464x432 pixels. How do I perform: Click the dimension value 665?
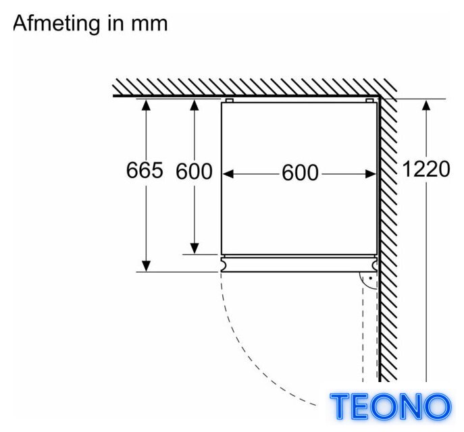(x=145, y=170)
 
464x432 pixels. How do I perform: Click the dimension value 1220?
(x=426, y=169)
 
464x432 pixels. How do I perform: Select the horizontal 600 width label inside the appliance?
(x=300, y=173)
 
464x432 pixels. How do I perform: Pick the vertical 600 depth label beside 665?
(x=194, y=171)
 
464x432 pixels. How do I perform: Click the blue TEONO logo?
(x=390, y=406)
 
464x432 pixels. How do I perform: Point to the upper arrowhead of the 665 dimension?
(x=146, y=105)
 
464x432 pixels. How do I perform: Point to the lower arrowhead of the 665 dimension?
(x=146, y=266)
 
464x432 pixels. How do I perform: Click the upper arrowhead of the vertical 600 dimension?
(x=195, y=105)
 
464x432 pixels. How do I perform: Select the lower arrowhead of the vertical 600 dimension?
(x=195, y=248)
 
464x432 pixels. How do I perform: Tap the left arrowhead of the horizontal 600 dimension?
(x=228, y=174)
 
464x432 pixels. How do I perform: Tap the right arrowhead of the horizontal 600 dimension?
(x=371, y=174)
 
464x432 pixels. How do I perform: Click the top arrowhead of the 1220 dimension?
(x=426, y=105)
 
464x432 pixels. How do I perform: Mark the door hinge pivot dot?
(x=370, y=278)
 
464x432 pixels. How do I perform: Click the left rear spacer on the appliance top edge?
(x=230, y=101)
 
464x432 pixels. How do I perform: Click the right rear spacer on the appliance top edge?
(x=369, y=101)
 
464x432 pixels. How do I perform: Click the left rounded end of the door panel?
(x=224, y=265)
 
